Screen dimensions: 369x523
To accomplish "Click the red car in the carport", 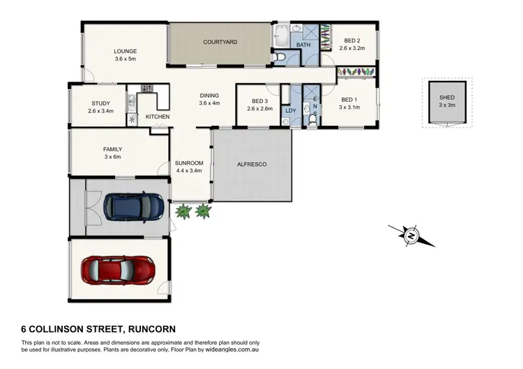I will (x=117, y=267).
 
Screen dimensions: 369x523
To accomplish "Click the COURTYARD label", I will (x=220, y=42).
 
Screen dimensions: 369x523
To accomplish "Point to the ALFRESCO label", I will (x=252, y=164).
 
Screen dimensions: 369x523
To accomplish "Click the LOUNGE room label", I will (x=126, y=51).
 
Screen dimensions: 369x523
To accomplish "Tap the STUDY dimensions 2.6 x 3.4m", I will (x=96, y=111).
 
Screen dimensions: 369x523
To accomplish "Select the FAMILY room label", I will (x=112, y=149).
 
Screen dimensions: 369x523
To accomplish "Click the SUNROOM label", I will (x=188, y=162).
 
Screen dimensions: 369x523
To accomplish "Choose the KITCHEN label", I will (x=158, y=116).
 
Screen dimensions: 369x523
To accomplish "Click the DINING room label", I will (x=209, y=95).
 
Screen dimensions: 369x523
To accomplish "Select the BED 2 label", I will (x=350, y=40).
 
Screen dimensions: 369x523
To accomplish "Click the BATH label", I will (x=303, y=45).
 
